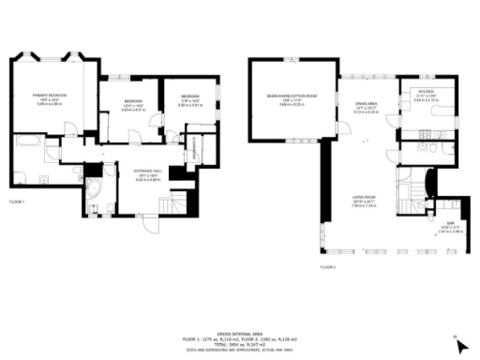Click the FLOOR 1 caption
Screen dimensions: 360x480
pos(17,202)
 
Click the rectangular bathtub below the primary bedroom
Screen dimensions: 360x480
pos(26,143)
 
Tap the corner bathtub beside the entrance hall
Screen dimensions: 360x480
pos(95,195)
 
